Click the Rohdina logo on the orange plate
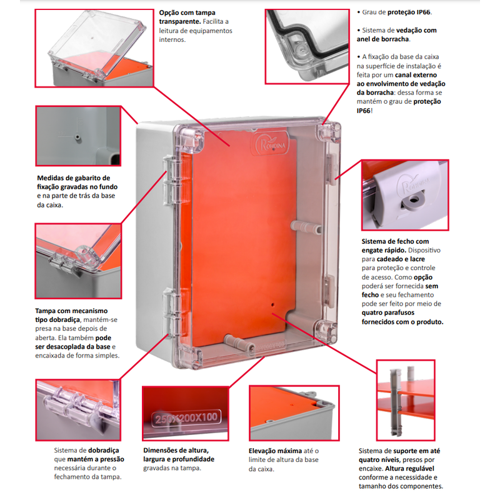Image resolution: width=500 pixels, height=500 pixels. coord(272,144)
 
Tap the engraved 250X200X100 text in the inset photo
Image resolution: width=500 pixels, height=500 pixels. coord(186,418)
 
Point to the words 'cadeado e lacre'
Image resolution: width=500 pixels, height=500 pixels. coord(401,259)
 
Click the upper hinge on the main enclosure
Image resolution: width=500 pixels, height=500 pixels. coord(170,181)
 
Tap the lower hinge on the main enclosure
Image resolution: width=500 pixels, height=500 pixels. coord(170,311)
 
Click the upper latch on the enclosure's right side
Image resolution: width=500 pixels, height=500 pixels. coord(331,169)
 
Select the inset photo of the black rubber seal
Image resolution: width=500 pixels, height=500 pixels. coord(307,46)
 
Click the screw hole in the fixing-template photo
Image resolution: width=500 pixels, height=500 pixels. coord(77,137)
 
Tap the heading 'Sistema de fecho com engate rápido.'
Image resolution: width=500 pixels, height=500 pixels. coord(395,246)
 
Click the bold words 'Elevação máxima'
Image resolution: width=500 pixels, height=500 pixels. coord(275,451)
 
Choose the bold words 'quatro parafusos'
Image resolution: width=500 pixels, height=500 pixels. coord(387,312)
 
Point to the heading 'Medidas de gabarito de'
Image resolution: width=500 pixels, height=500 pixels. coord(73,178)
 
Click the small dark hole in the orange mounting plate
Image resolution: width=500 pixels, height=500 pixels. coord(272,304)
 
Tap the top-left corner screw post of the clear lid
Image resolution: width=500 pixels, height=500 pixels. coord(191,137)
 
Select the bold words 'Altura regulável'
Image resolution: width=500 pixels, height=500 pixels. coord(409,468)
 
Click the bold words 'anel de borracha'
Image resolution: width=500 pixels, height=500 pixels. coord(382,39)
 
